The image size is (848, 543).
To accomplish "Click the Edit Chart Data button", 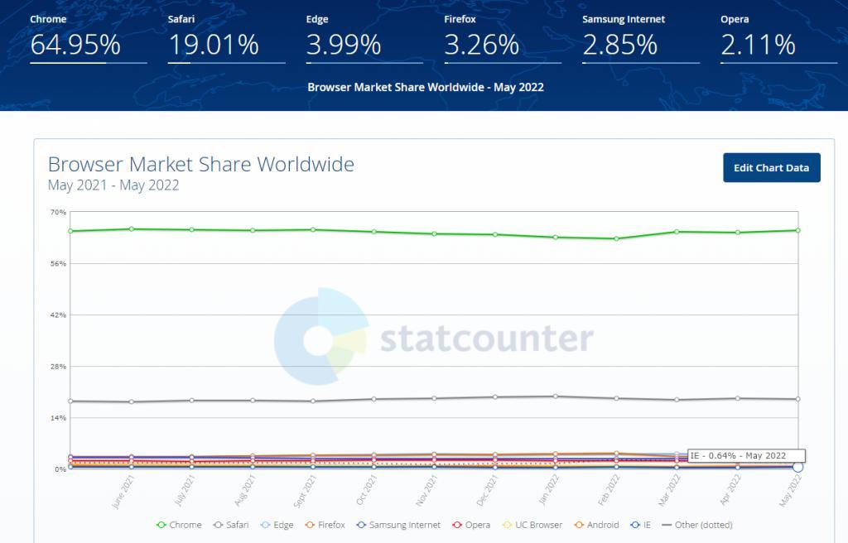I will (x=771, y=168).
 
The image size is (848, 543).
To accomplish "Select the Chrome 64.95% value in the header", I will (x=75, y=45).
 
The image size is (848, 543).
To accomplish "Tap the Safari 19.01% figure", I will (x=214, y=45).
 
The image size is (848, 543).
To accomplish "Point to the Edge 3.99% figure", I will (x=344, y=45).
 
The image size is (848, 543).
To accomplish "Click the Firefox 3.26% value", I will (x=481, y=45).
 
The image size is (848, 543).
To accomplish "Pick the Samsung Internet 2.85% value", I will (x=620, y=45).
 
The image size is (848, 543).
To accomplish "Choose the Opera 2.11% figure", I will (x=758, y=45).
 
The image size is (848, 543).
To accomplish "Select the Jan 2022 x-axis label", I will (x=547, y=490).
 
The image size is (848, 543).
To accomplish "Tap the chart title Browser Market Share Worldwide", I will (x=201, y=164).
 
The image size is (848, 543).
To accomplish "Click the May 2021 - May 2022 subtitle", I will (x=113, y=185).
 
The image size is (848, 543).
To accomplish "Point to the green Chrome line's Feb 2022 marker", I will (x=616, y=238).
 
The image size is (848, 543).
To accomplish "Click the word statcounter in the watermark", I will (x=487, y=339).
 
